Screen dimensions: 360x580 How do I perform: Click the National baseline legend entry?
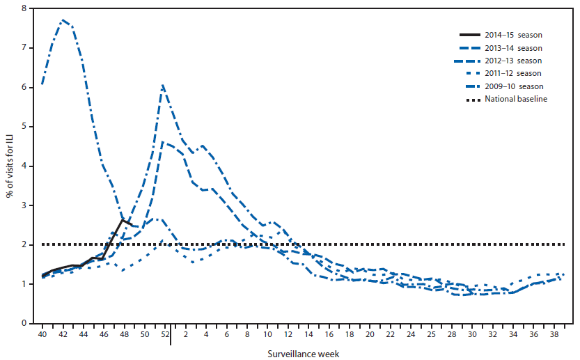coord(519,99)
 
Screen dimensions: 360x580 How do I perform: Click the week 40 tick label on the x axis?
coord(42,335)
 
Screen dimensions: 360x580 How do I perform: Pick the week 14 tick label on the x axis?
coord(308,335)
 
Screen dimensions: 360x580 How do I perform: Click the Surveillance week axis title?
coord(304,353)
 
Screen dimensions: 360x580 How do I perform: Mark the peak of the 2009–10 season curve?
coord(63,20)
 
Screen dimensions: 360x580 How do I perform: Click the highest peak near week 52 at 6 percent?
coord(162,86)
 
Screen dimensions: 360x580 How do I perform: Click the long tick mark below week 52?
coord(171,336)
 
